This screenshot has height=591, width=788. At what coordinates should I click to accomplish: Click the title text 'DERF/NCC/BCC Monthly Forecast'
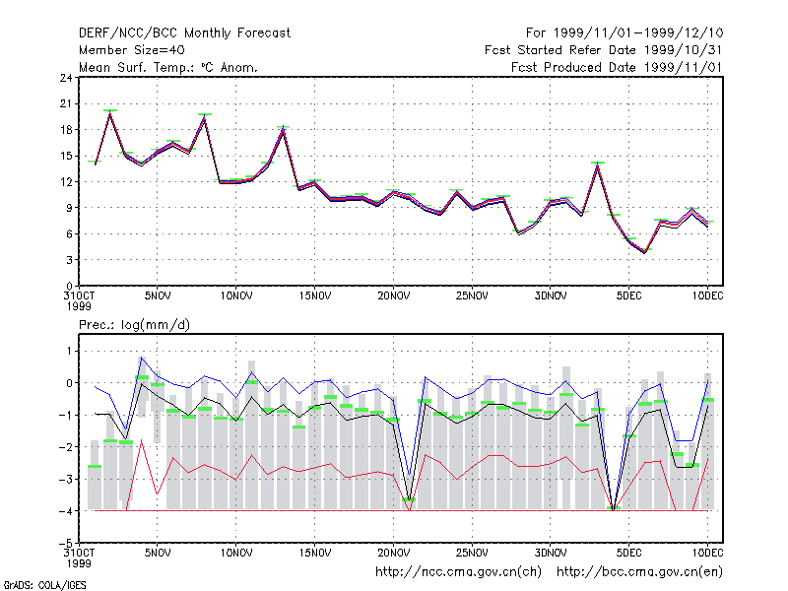[x=184, y=33]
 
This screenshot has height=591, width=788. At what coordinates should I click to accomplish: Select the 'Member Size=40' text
[x=132, y=50]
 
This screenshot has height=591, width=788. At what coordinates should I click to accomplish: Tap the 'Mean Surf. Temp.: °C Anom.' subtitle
[x=167, y=67]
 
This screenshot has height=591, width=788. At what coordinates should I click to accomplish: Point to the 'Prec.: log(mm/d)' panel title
[x=134, y=325]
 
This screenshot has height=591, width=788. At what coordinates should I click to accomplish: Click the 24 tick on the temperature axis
[x=66, y=78]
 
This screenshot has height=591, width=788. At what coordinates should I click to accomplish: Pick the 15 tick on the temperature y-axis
[x=66, y=156]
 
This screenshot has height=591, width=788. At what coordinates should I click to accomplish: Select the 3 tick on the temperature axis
[x=69, y=260]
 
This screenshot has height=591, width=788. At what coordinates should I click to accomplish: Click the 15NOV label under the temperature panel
[x=315, y=295]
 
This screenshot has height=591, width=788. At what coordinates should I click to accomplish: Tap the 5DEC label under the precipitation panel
[x=629, y=553]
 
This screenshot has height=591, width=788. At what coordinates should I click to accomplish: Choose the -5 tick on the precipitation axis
[x=66, y=544]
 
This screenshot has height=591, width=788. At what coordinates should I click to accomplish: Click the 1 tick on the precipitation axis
[x=69, y=351]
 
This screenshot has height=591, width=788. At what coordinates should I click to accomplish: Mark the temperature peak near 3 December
[x=598, y=165]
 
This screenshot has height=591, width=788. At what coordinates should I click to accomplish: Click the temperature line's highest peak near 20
[x=110, y=113]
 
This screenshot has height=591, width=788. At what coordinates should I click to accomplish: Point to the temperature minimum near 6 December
[x=645, y=252]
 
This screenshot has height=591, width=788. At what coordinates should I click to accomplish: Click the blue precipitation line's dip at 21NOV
[x=410, y=475]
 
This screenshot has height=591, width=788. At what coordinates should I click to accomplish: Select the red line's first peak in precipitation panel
[x=142, y=440]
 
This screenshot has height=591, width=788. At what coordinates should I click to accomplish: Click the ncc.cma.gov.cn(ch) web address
[x=458, y=572]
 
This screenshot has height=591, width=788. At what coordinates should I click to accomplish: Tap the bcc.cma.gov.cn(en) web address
[x=639, y=572]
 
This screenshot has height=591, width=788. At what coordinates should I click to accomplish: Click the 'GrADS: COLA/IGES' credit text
[x=44, y=585]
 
